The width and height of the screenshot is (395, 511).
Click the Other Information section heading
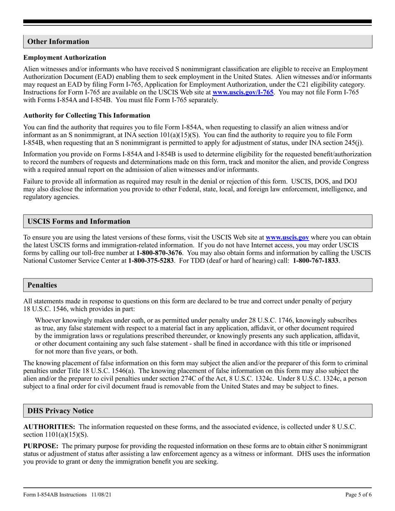point(58,42)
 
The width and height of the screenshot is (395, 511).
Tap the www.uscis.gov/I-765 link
point(243,92)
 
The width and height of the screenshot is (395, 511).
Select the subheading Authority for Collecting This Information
point(87,115)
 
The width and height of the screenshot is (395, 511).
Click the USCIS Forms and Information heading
point(79,221)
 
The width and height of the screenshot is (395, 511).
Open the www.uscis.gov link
point(287,238)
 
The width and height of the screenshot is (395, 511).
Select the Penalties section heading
point(42,285)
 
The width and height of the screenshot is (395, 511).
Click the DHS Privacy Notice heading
point(60,411)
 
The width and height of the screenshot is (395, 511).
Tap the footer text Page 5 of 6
point(358,495)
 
